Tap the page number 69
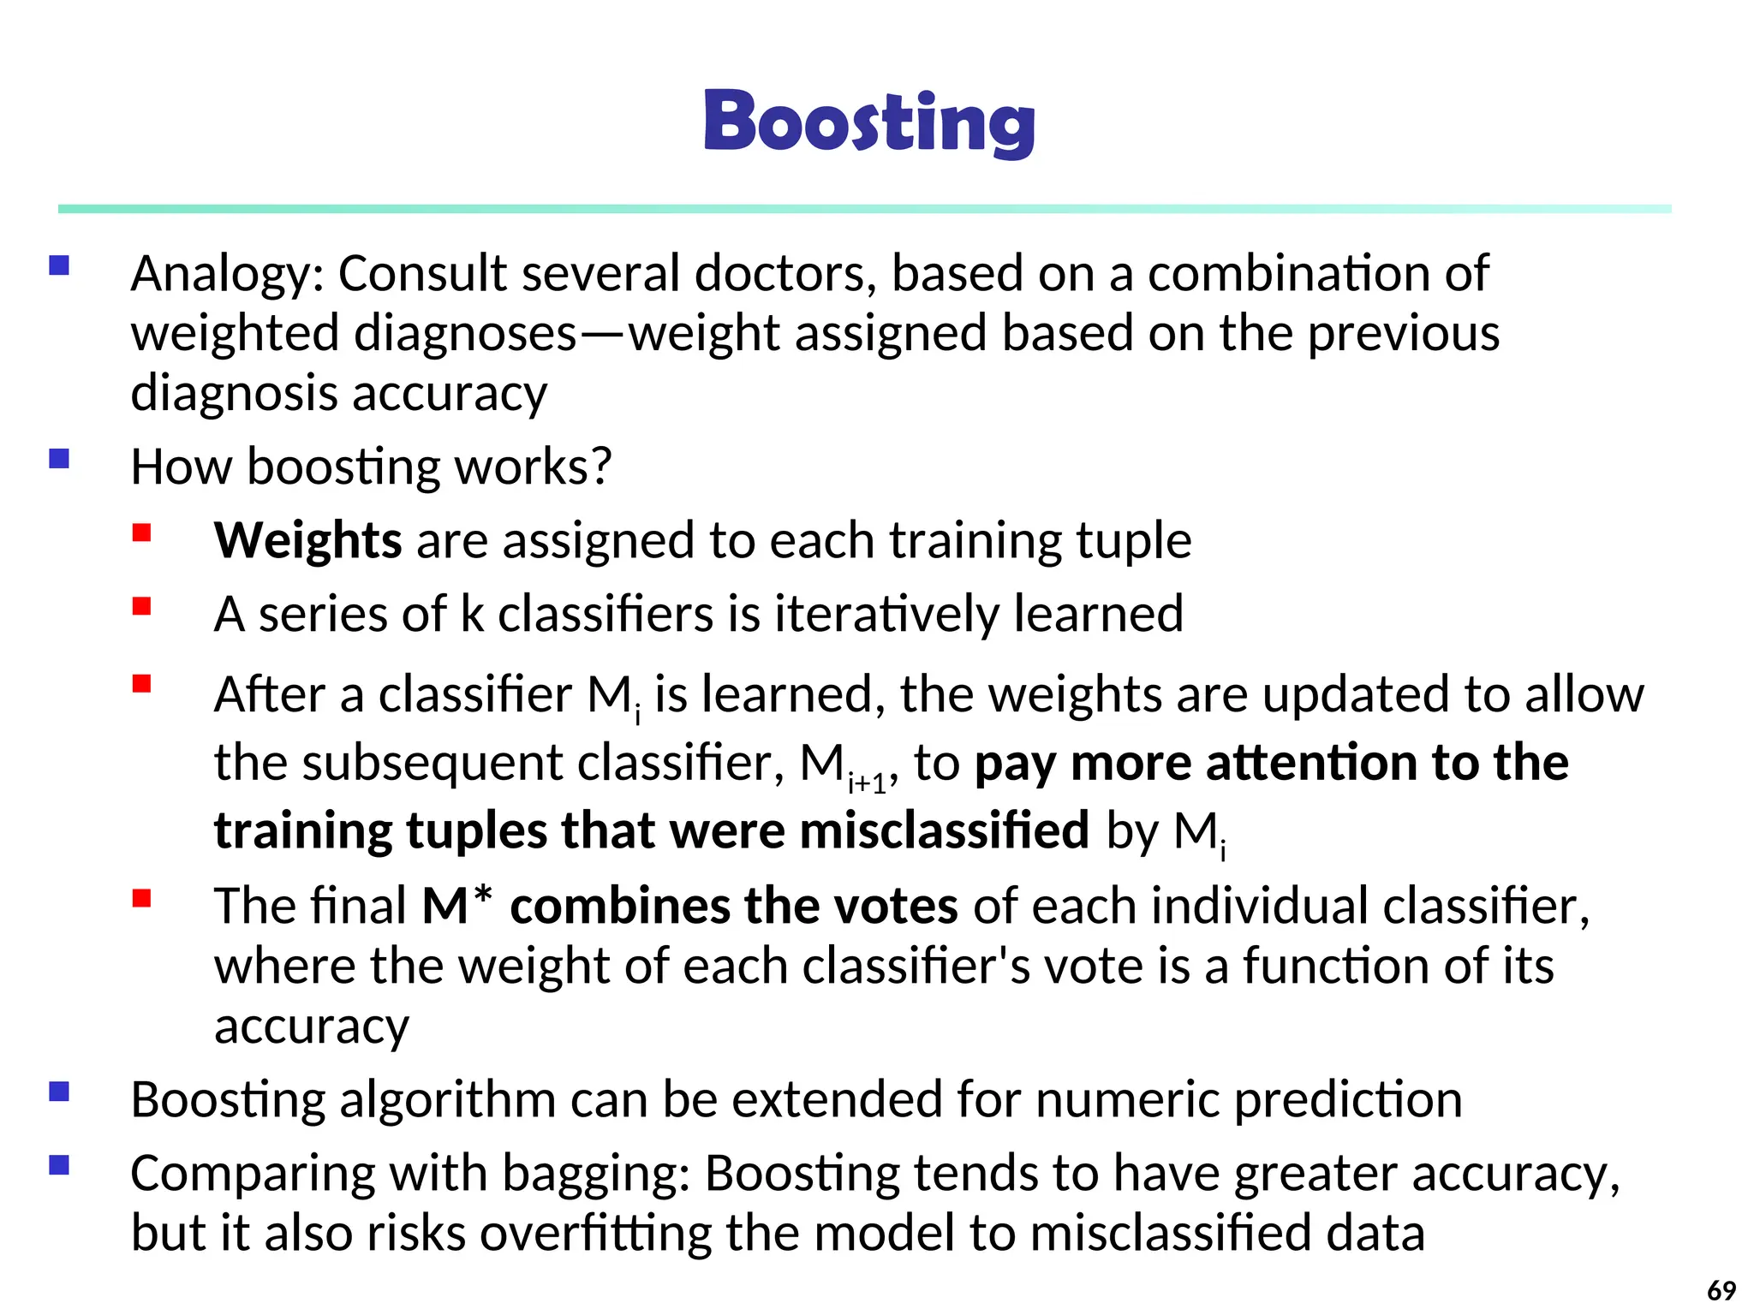(1721, 1289)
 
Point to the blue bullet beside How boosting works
(59, 459)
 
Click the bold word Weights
(307, 541)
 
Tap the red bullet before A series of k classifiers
(142, 607)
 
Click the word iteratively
(887, 614)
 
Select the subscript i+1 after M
(867, 782)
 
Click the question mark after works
(601, 467)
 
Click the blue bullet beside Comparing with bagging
(59, 1166)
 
